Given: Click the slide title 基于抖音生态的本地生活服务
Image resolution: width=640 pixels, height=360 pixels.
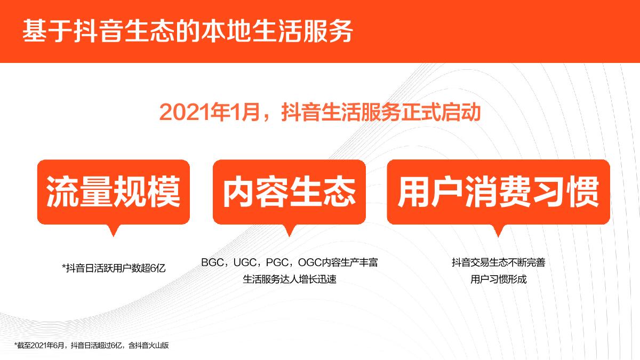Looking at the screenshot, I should coord(187,31).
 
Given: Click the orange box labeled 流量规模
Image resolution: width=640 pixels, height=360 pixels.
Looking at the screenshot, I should coord(113,192).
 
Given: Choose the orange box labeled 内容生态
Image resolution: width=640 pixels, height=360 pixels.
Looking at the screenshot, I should coord(289,192).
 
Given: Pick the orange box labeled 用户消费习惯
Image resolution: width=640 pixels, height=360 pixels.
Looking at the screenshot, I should coord(498,192).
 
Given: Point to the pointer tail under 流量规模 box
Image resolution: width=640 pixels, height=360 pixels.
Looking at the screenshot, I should coord(113,230).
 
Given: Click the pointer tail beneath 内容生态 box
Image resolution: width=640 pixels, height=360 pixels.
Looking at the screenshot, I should coord(289,230).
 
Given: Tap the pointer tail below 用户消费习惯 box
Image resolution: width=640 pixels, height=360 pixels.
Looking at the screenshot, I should coord(499,230).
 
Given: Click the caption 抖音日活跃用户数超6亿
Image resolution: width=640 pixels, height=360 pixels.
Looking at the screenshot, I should coord(114,268).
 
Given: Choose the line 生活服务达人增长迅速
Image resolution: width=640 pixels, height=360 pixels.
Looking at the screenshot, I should coord(290,279).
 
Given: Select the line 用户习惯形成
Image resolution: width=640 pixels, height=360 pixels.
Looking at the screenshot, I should coord(498,279).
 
